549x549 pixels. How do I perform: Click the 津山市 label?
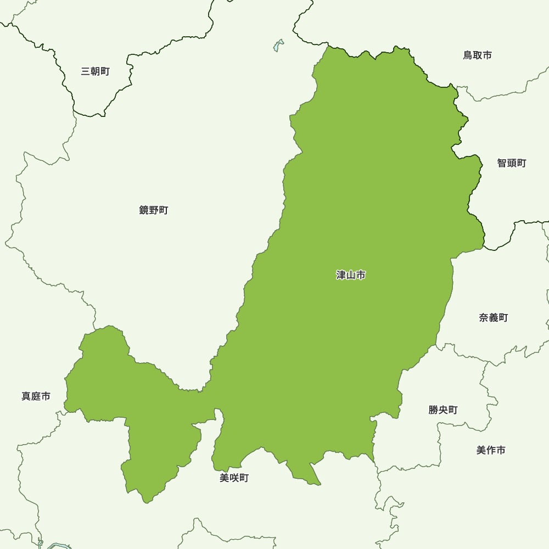click(351, 275)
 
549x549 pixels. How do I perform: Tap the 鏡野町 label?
click(154, 210)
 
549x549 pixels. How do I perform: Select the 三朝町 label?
click(95, 71)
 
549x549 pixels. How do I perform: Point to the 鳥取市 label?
click(477, 55)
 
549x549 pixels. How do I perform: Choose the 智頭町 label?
click(512, 163)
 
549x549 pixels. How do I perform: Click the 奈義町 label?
click(493, 318)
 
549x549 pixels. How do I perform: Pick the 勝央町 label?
click(443, 410)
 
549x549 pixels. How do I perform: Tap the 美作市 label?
click(491, 450)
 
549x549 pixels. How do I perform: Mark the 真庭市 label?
click(36, 396)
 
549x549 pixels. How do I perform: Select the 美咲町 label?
click(234, 478)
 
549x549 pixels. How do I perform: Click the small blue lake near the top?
click(278, 46)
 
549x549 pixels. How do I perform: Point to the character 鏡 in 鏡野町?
click(144, 210)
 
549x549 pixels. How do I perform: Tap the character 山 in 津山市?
click(351, 275)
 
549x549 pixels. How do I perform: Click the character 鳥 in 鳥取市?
click(468, 55)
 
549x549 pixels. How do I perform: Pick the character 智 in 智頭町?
click(502, 163)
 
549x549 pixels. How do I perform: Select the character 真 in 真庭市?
click(26, 396)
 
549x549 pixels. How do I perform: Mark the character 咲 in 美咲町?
click(234, 478)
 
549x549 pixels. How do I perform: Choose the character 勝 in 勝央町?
click(434, 410)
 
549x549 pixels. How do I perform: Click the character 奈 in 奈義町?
click(484, 318)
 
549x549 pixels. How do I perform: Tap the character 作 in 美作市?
click(491, 450)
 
